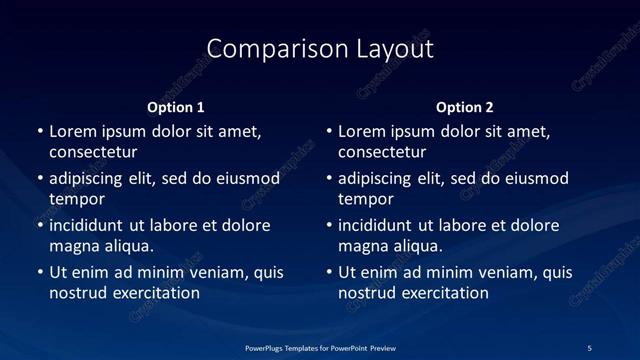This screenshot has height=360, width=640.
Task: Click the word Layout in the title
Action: [x=393, y=49]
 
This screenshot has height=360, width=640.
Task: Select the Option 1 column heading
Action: [x=176, y=107]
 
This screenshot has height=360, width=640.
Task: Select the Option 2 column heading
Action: [x=465, y=107]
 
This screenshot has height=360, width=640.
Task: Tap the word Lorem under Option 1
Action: [x=73, y=131]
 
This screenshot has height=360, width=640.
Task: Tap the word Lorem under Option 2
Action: [x=362, y=131]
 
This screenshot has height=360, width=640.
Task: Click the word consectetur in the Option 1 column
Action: [x=93, y=153]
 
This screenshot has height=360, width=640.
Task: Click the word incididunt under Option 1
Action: [x=94, y=225]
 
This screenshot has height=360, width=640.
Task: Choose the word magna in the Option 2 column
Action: [x=363, y=246]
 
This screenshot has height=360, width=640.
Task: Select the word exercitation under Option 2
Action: [x=443, y=293]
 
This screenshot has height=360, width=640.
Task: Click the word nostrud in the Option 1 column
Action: [x=77, y=293]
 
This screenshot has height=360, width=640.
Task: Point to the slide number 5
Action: [x=589, y=347]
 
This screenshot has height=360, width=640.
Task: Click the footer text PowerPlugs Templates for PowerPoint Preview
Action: [x=320, y=347]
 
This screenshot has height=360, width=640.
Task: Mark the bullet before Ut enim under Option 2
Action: [x=329, y=272]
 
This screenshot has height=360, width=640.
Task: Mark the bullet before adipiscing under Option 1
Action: [x=40, y=178]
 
